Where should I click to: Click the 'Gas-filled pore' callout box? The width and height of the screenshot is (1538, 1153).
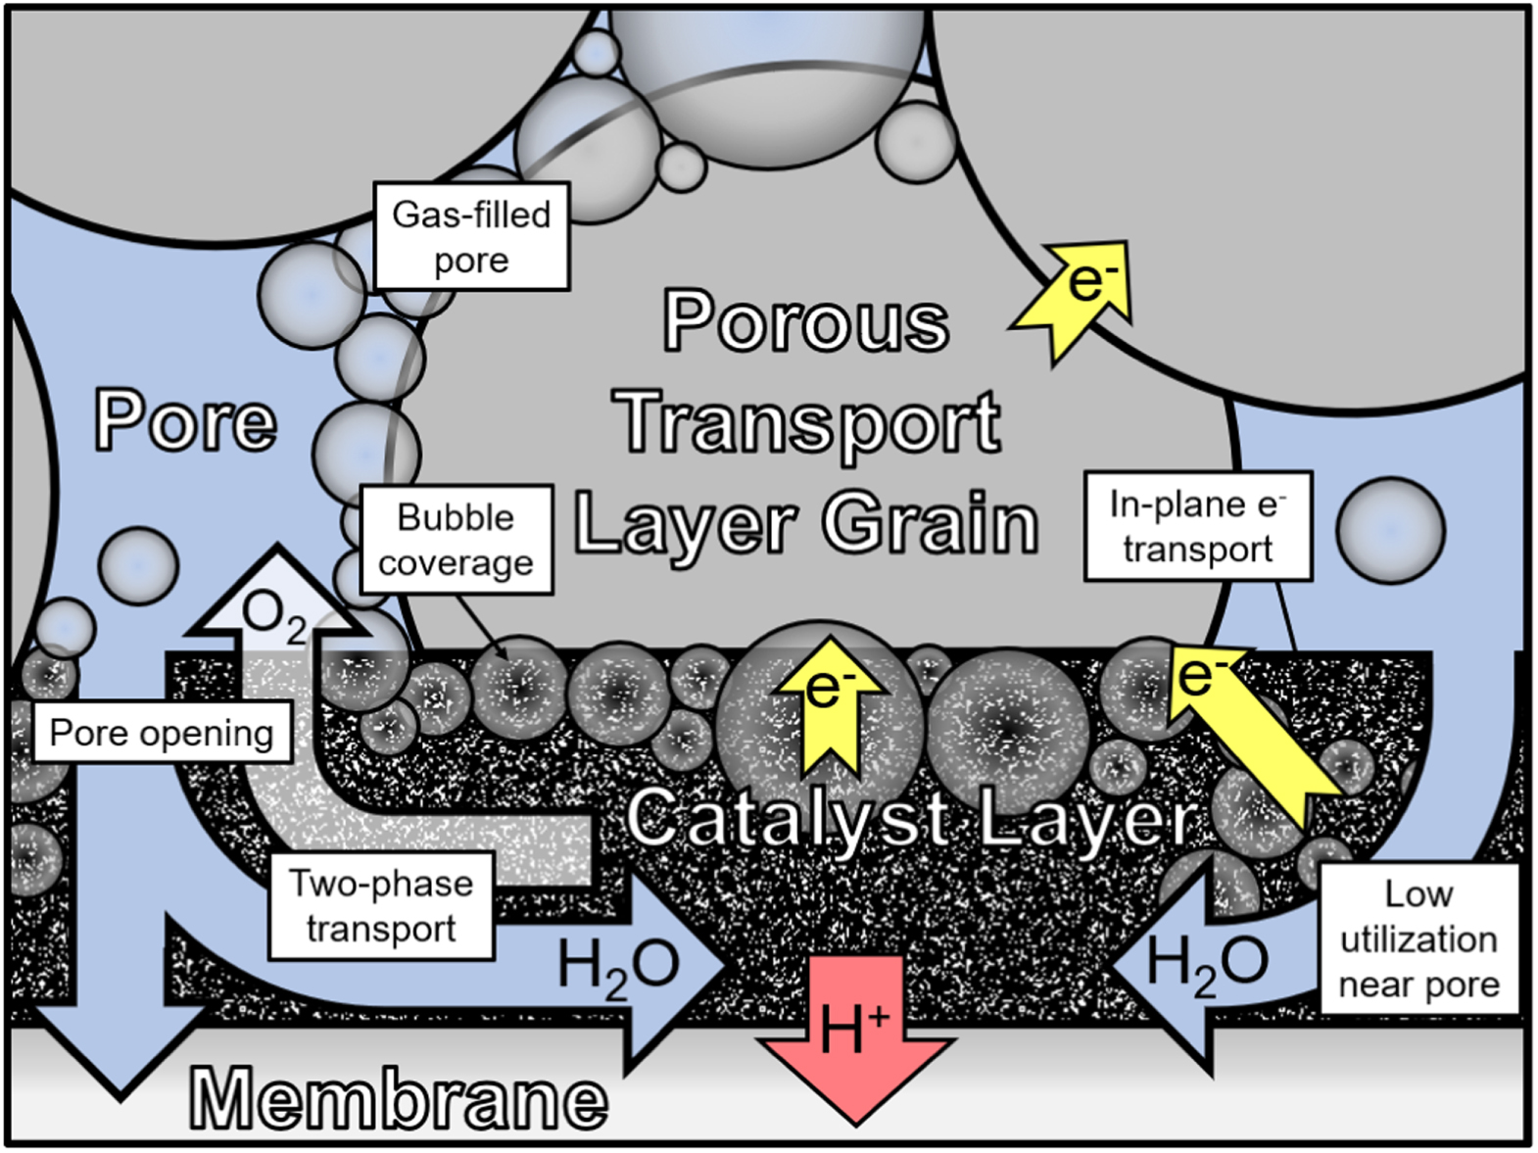pos(471,237)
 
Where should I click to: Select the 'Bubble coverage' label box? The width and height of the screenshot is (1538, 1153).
pos(456,540)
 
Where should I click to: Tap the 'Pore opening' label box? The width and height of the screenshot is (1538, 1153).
pos(162,733)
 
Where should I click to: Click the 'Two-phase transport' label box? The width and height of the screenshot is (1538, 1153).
pos(381,905)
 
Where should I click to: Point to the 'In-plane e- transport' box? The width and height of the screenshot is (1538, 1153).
pos(1197,526)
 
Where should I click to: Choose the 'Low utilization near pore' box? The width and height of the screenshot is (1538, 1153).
pos(1418,938)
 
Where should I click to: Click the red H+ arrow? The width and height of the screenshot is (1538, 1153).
pos(856,1038)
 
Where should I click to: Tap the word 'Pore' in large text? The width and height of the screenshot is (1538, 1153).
pos(186,421)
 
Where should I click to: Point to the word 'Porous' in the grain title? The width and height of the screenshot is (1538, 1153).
pos(806,320)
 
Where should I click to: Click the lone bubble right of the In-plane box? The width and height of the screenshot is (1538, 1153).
pos(1390,530)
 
